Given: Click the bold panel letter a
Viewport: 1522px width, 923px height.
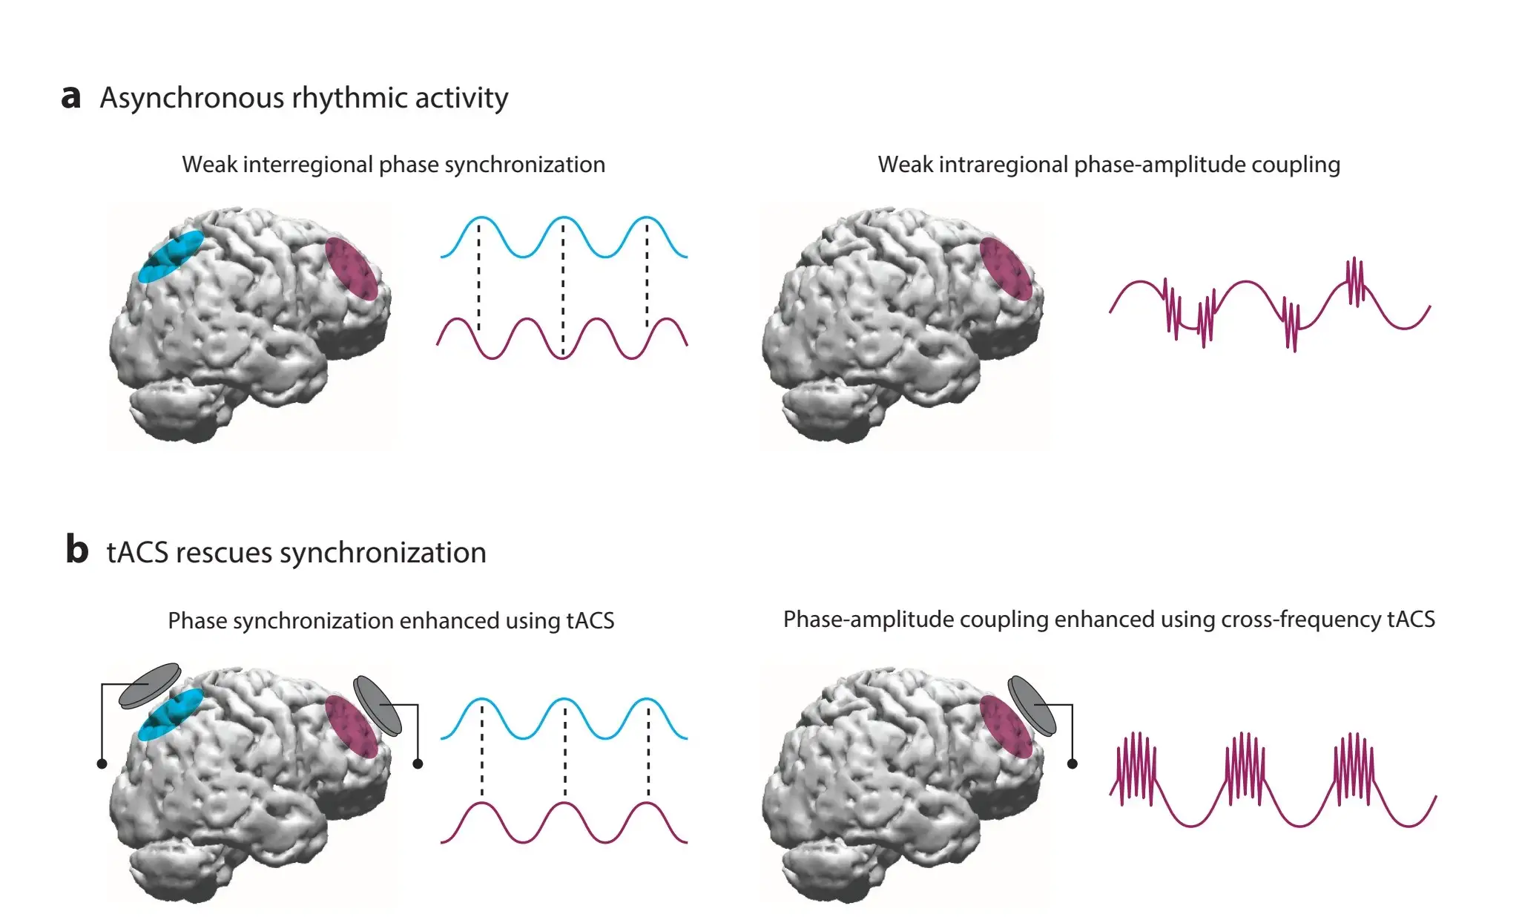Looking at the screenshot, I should coord(70,98).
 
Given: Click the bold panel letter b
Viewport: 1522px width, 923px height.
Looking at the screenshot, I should coord(76,551).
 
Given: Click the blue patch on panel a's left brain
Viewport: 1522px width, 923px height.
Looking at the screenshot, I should coord(171,256).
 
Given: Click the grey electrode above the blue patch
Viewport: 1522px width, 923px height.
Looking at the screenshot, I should coord(150,685).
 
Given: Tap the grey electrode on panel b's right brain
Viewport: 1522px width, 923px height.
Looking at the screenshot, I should coord(1032,705).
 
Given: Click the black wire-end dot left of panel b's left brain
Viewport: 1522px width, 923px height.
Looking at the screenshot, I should coord(102,763).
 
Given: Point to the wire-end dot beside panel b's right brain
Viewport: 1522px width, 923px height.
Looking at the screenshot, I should coord(1072,763).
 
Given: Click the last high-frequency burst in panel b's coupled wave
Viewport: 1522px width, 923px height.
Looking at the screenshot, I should coord(1354,768).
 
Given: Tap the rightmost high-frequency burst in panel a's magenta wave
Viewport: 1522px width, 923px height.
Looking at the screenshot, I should coord(1355,281).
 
